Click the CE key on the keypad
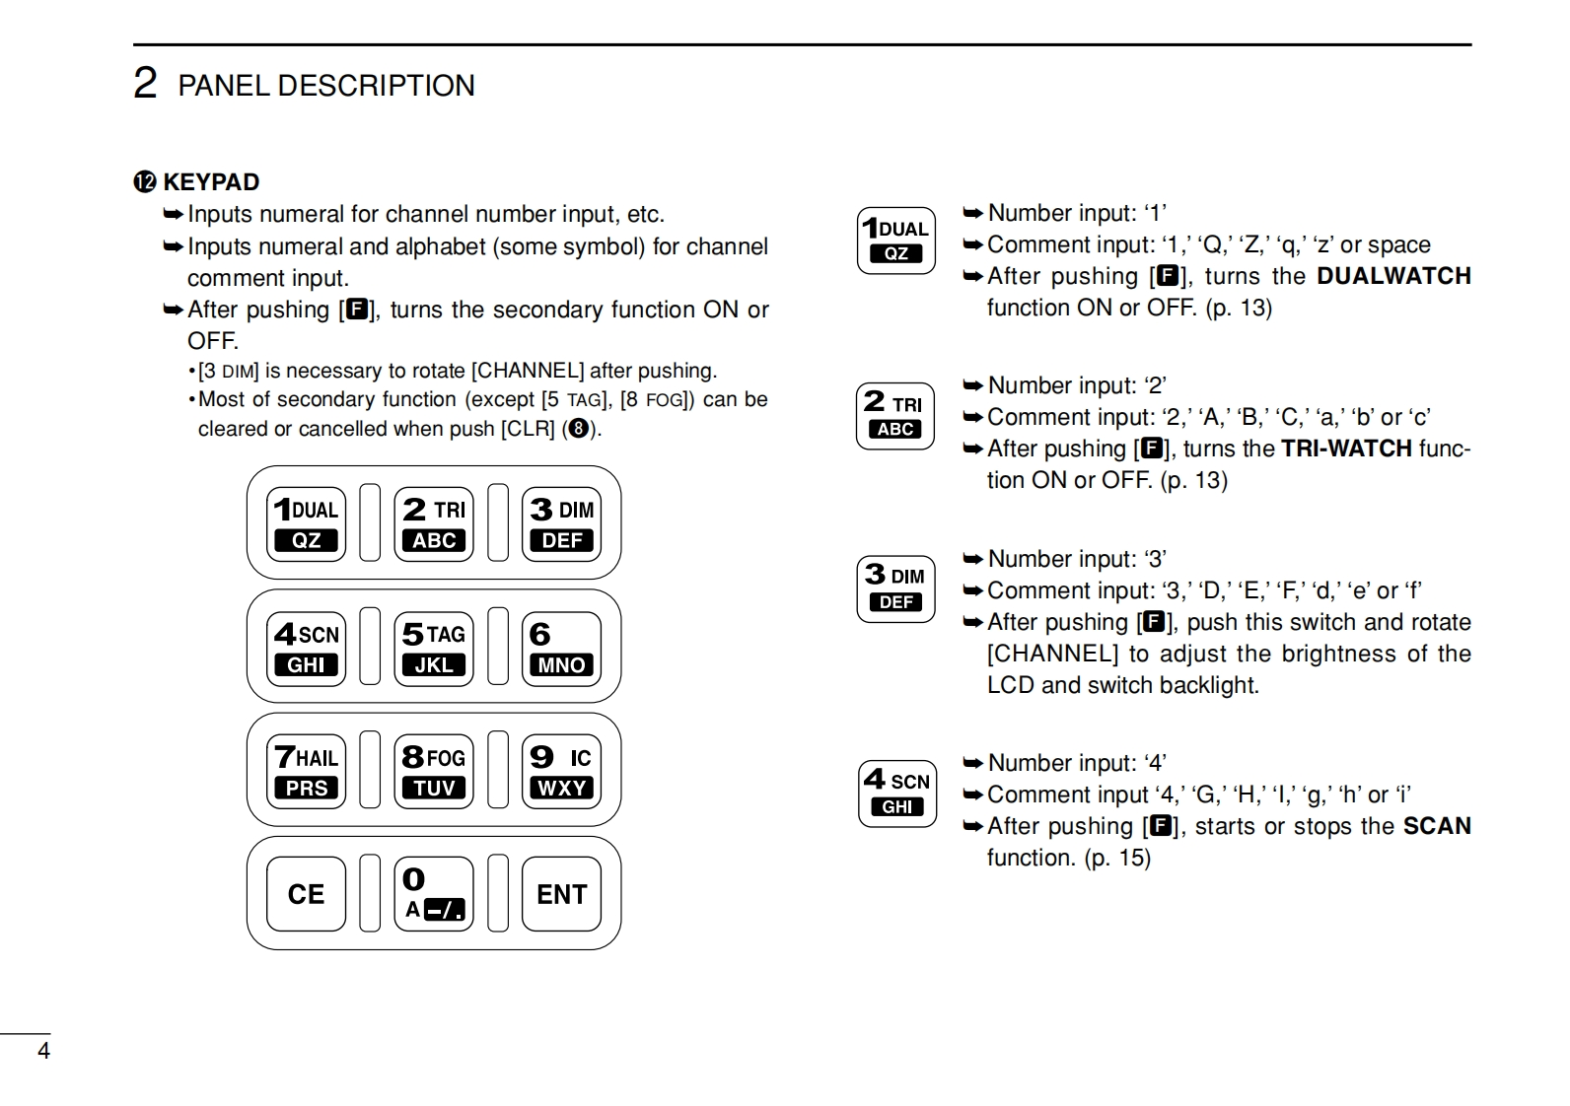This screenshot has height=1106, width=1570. click(x=306, y=894)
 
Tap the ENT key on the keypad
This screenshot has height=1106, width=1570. click(x=561, y=894)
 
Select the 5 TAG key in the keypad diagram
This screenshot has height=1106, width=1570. click(x=434, y=648)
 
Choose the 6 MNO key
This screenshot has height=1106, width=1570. click(x=561, y=648)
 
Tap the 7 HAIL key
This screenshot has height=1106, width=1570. click(x=306, y=771)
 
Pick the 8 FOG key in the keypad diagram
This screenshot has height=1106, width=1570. click(x=434, y=771)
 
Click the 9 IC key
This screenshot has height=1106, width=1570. click(x=561, y=771)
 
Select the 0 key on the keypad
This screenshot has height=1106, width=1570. click(x=434, y=894)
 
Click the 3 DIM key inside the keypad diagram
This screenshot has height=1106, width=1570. click(x=561, y=524)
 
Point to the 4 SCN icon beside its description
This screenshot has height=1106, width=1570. click(x=896, y=794)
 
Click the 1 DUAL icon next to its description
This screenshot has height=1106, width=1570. click(x=895, y=241)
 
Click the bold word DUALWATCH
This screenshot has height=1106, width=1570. click(x=1393, y=276)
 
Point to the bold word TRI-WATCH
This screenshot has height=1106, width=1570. click(x=1345, y=449)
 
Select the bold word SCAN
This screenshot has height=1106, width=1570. click(x=1437, y=826)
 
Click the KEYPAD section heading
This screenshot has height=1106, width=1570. click(x=211, y=182)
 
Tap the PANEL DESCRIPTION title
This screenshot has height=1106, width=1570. click(x=325, y=86)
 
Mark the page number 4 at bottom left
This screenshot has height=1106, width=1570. click(x=43, y=1051)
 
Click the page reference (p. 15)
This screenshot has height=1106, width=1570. click(x=1117, y=858)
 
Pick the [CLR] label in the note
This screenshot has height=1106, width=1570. click(x=528, y=429)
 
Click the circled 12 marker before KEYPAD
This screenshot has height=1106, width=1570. click(x=145, y=182)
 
